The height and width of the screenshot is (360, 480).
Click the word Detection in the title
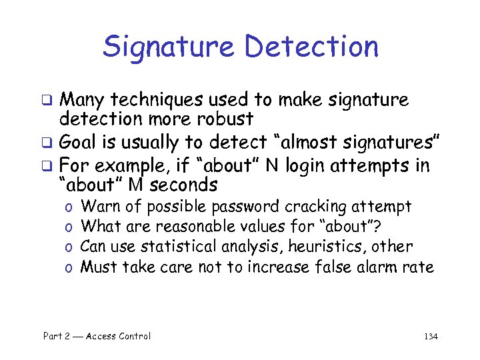pos(311,47)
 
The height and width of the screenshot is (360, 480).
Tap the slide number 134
pos(430,337)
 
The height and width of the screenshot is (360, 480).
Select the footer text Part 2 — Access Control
pos(97,337)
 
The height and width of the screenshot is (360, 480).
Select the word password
pos(249,207)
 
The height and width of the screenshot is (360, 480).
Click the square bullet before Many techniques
pos(48,101)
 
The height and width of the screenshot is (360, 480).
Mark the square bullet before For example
pos(48,166)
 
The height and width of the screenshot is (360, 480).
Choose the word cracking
pos(314,207)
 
